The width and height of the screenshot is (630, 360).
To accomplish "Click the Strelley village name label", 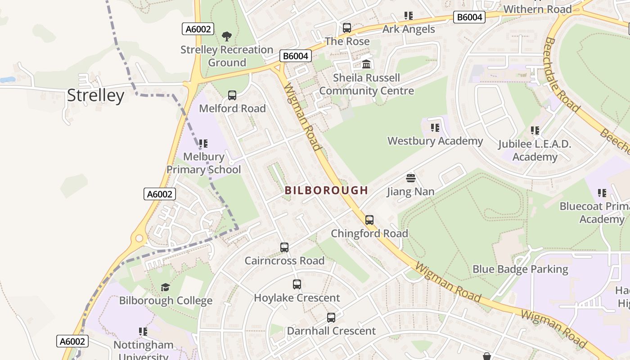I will tap(95, 96).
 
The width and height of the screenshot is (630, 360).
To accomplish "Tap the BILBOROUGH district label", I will tap(326, 190).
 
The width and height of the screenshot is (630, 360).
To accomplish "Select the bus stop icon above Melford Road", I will tap(232, 95).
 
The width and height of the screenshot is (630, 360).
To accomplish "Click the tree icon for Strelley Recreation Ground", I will tap(227, 36).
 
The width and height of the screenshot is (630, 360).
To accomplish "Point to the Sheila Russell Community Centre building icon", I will tap(366, 64).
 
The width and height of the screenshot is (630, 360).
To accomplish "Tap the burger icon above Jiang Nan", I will tap(411, 178).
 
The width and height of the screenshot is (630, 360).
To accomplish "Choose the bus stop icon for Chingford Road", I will tap(369, 220).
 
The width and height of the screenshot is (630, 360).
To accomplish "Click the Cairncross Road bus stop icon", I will tap(284, 247).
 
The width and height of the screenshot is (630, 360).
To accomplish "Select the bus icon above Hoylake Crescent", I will tap(297, 284).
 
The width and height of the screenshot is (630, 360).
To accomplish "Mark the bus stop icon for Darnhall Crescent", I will tap(331, 317).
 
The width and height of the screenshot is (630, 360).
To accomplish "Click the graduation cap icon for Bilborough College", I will tap(166, 287).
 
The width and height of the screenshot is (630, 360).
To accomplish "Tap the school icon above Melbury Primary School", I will tap(203, 144).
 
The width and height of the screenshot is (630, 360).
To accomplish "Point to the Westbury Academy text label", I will tap(435, 141).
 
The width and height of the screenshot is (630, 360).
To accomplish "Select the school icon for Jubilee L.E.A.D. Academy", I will tap(535, 130).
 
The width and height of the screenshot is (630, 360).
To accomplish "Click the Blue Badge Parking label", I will tap(520, 269).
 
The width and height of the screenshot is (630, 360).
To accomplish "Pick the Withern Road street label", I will tap(537, 9).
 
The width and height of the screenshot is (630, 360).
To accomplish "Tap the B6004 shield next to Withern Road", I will tap(469, 18).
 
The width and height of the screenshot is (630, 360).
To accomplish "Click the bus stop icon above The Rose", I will tap(347, 28).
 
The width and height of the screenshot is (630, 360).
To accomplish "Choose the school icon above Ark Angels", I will tap(409, 16).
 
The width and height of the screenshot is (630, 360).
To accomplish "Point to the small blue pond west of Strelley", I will tap(7, 80).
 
